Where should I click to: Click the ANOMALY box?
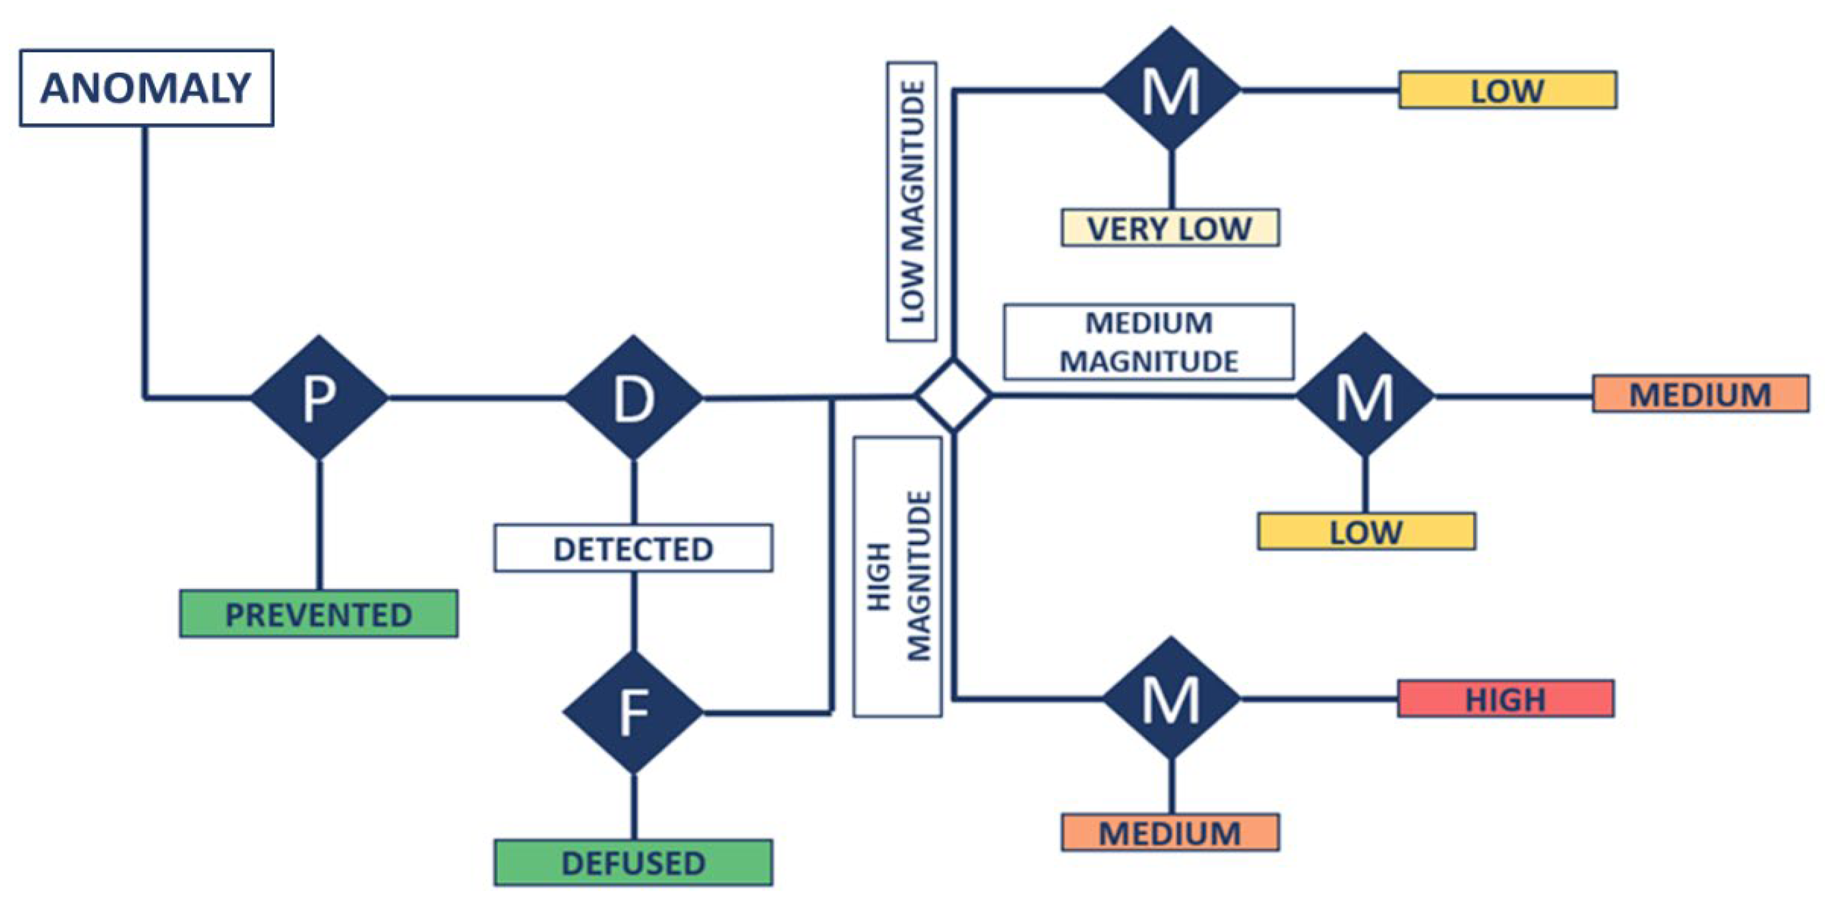point(146,88)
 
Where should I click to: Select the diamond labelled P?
point(319,398)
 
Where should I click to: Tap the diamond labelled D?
point(633,398)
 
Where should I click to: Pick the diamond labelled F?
point(633,713)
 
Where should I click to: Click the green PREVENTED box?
point(318,614)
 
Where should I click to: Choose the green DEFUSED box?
point(633,863)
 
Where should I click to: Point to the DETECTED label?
point(633,548)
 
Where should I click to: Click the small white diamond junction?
point(953,395)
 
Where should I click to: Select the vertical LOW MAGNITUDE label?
point(912,202)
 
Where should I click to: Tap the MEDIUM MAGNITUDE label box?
point(1149,342)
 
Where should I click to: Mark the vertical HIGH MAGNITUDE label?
point(898,576)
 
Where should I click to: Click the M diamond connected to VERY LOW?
point(1171,90)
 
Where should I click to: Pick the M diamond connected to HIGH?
point(1171,699)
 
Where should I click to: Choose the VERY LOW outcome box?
point(1170,228)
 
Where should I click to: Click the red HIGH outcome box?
point(1506,699)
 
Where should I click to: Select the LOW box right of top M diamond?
point(1508,90)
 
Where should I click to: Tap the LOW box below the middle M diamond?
point(1366,531)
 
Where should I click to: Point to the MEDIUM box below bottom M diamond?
point(1170,832)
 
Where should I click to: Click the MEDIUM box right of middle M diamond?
point(1700,394)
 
